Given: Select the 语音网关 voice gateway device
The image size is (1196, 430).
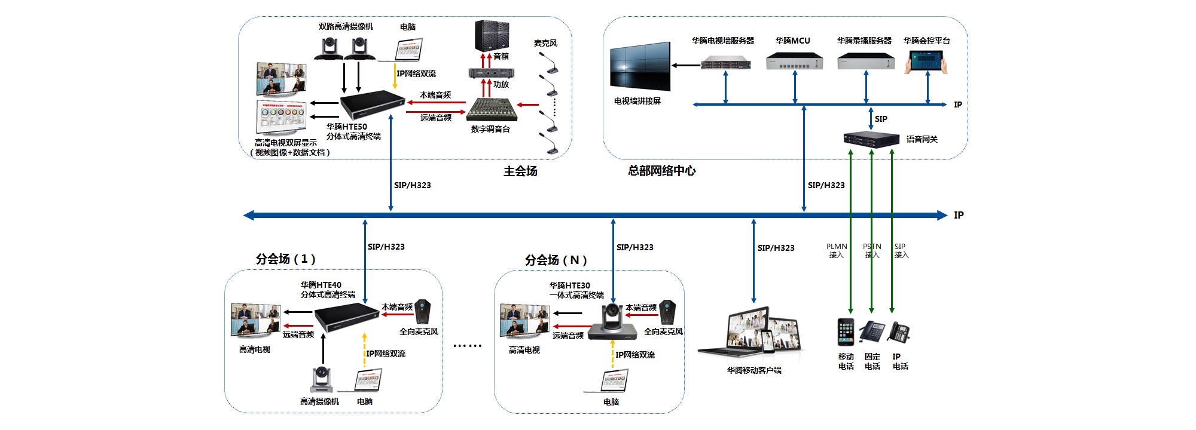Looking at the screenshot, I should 871,139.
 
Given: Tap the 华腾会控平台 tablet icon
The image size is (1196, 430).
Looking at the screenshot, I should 926,62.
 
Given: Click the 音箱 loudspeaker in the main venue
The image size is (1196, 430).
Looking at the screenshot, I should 492,36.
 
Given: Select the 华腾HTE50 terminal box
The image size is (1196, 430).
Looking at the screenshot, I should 373,105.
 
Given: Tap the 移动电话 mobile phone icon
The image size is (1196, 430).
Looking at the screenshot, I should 846,332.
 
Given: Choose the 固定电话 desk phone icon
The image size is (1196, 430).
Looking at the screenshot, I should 872,332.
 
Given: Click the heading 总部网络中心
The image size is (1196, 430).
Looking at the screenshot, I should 661,171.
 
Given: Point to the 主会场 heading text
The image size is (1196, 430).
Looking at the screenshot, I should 520,171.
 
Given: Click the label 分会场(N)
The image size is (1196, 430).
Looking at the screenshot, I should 556,260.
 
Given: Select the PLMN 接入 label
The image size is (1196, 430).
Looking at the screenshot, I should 837,251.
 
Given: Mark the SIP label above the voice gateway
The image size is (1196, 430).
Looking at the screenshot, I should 881,119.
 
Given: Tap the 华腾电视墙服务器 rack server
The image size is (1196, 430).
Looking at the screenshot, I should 725,63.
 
